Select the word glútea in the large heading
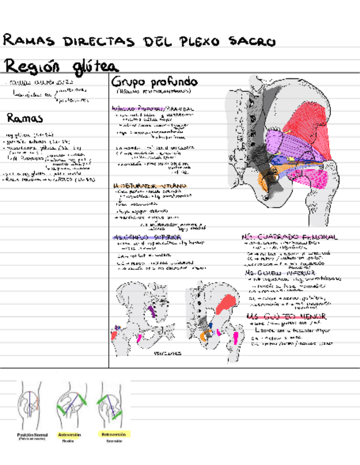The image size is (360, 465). (x=93, y=67)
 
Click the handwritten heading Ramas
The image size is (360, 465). (x=25, y=118)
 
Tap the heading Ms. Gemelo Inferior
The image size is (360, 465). (x=280, y=273)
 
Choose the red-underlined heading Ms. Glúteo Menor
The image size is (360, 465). (x=285, y=316)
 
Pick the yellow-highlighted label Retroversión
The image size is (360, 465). (x=114, y=434)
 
